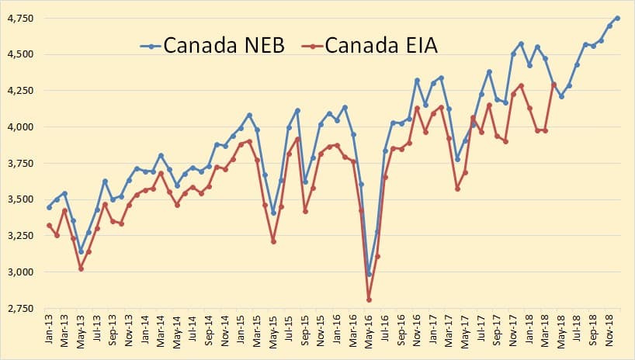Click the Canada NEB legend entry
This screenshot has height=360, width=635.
pyautogui.click(x=213, y=45)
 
